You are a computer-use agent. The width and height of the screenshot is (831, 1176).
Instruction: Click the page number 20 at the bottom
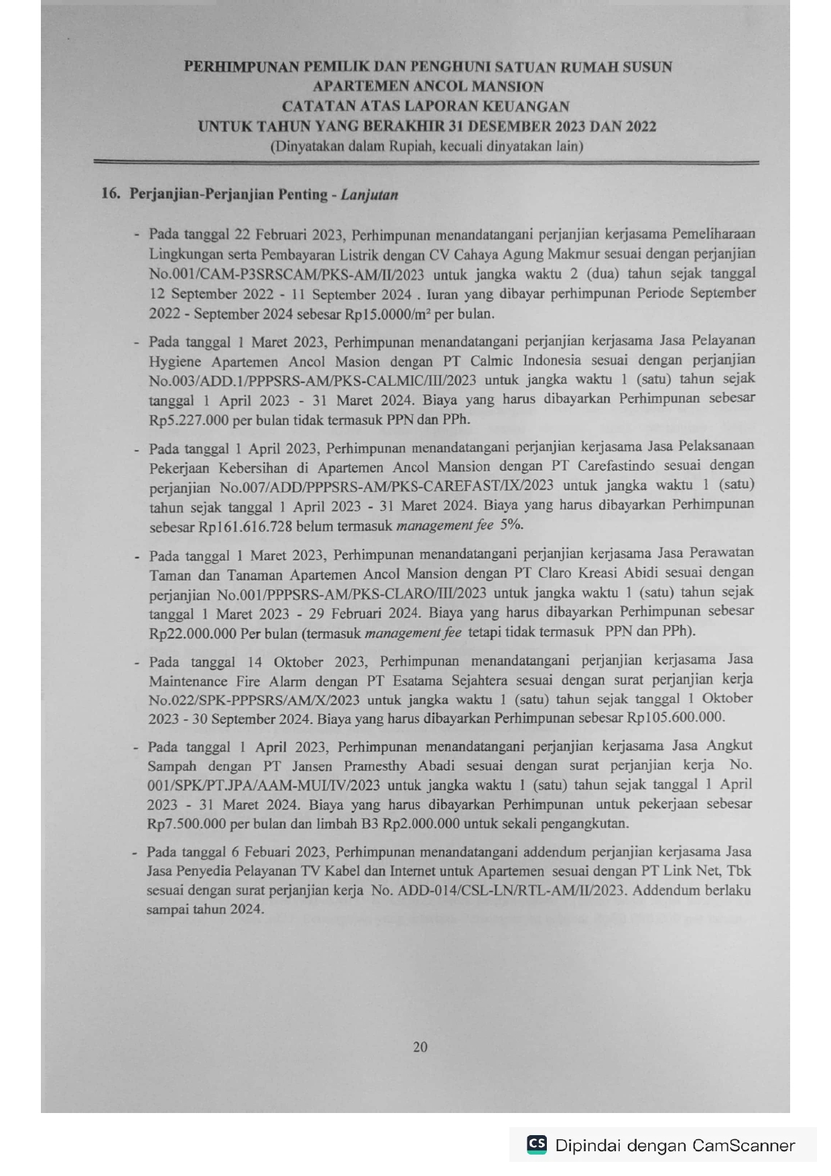tap(420, 1047)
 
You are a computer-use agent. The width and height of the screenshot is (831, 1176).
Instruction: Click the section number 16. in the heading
tap(111, 194)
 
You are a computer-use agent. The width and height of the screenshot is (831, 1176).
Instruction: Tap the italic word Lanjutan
tap(369, 195)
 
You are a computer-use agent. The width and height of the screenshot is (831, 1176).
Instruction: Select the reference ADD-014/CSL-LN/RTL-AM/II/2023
tap(511, 891)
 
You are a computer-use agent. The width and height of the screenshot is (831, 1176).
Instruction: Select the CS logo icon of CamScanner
tap(537, 1144)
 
